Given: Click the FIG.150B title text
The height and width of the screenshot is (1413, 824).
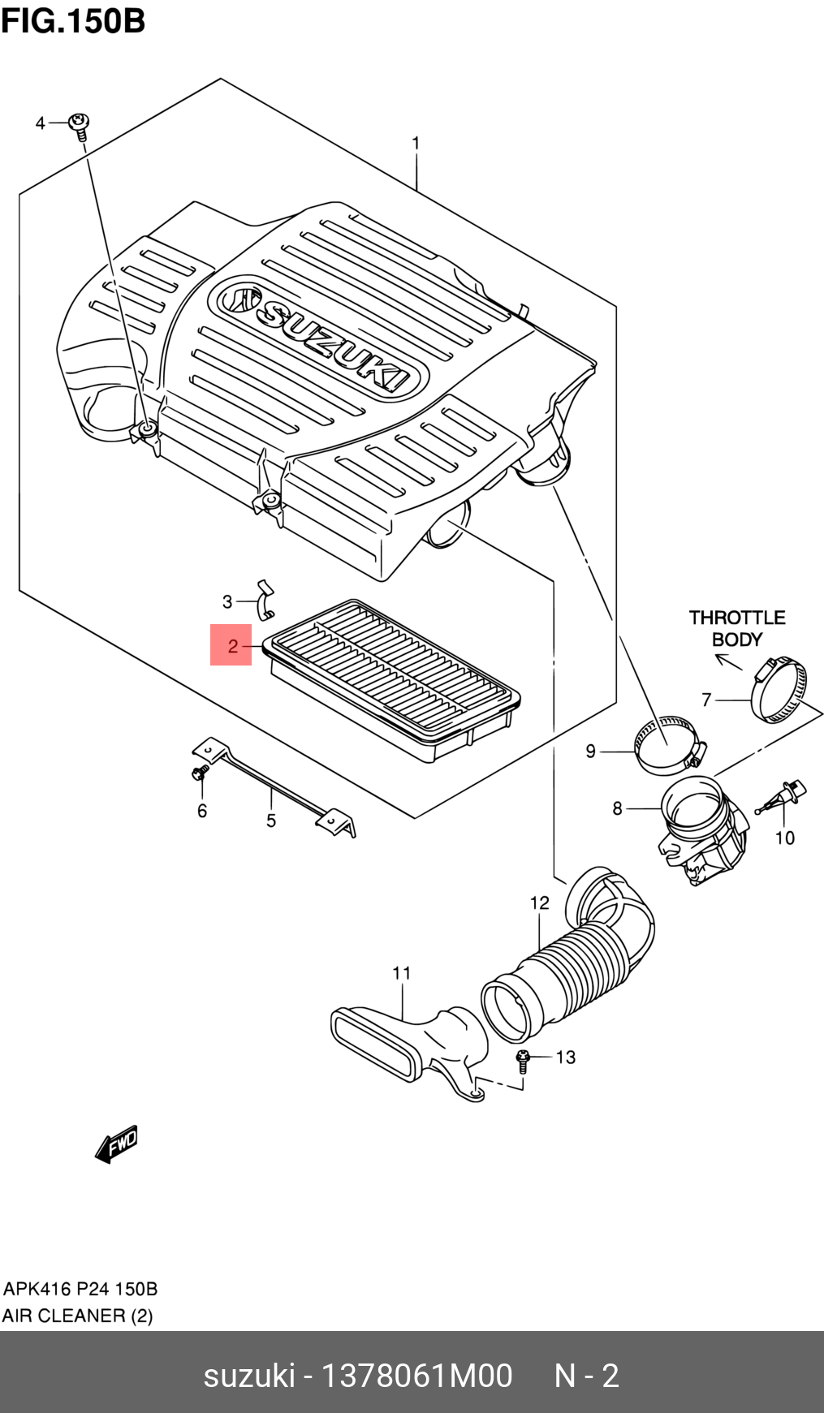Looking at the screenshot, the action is (73, 21).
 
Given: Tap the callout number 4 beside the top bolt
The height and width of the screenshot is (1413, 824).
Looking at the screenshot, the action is (41, 123).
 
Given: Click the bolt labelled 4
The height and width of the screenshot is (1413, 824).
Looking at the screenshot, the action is (80, 127).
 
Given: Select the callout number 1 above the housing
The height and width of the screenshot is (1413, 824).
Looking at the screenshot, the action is (416, 144).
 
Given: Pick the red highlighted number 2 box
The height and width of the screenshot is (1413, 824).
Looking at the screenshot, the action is (231, 645).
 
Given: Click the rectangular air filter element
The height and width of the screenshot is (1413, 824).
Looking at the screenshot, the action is (394, 680).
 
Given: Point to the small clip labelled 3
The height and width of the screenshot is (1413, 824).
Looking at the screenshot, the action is (264, 598).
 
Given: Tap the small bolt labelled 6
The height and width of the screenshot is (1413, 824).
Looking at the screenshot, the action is (198, 774).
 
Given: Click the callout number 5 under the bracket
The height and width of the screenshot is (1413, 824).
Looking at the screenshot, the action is (271, 821).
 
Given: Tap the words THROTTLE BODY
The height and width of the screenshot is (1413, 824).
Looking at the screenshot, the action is (737, 628).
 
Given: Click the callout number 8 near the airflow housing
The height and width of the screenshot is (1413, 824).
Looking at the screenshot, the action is (617, 808).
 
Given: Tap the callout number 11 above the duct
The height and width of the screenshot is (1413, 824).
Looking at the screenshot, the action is (402, 972).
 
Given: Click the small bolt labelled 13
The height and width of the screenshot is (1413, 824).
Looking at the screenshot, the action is (523, 1060).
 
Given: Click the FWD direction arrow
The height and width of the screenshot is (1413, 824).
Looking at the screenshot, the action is (116, 1144).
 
